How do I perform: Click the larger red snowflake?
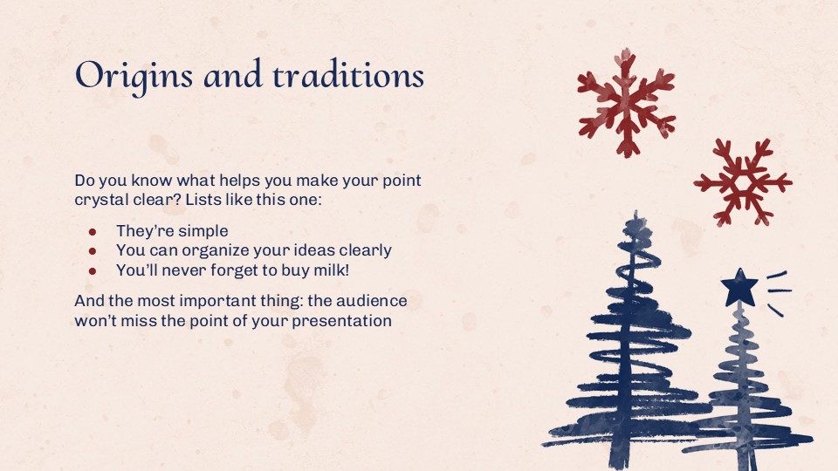click(626, 101)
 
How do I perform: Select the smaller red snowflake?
click(743, 182)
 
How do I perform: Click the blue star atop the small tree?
click(739, 288)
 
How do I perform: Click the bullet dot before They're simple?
click(92, 232)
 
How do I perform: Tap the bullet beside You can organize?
click(92, 251)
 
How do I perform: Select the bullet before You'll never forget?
click(92, 270)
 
